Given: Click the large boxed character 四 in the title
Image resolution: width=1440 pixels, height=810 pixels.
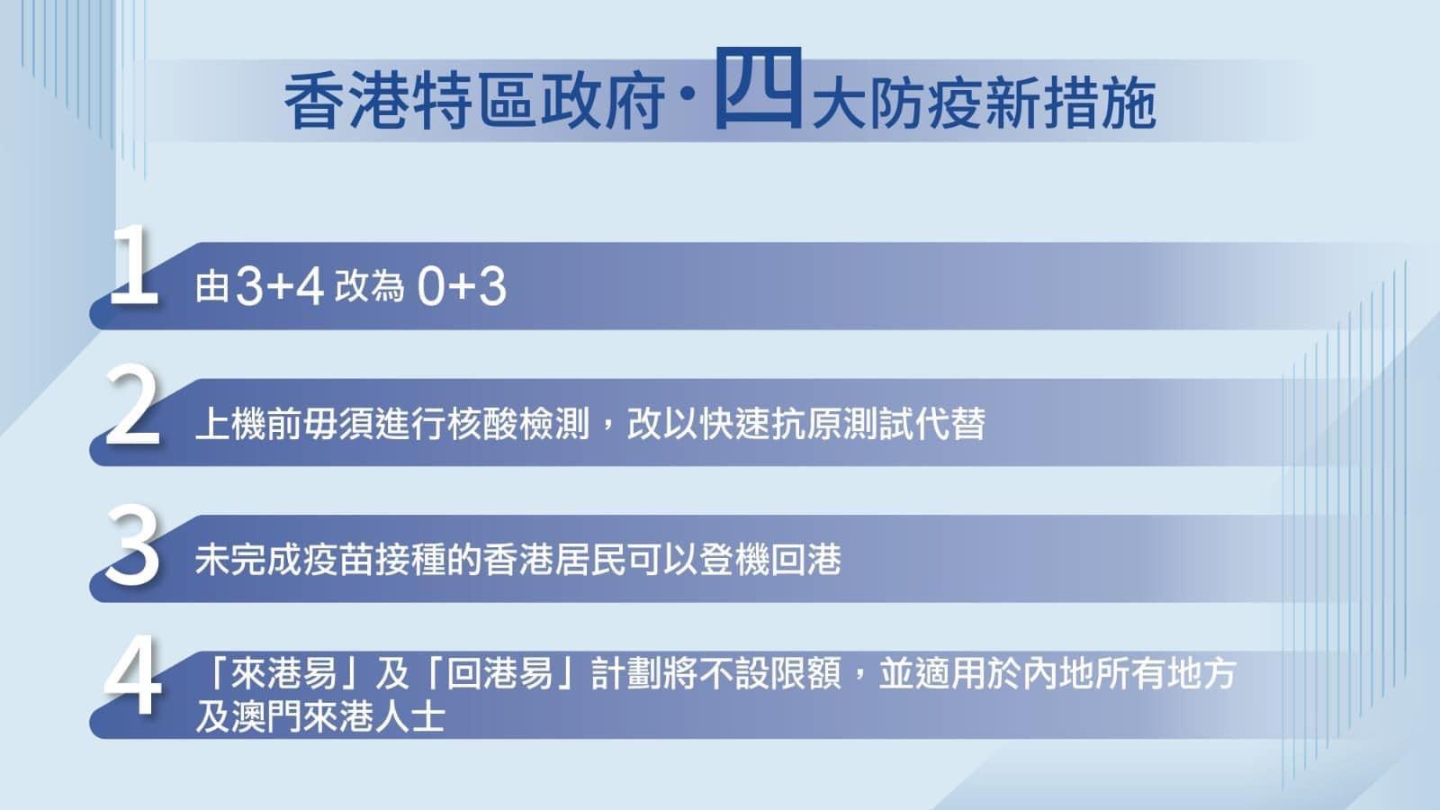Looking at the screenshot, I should click(x=758, y=89).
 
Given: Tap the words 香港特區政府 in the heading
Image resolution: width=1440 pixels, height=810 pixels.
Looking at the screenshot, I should click(x=474, y=103).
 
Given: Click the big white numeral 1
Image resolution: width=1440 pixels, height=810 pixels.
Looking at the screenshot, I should click(x=133, y=266).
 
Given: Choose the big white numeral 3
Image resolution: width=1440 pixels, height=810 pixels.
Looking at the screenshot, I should click(x=132, y=544).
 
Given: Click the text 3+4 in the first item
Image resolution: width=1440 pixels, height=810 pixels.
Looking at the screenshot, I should click(x=279, y=288).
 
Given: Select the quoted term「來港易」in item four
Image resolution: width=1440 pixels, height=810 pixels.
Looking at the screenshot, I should click(x=283, y=673).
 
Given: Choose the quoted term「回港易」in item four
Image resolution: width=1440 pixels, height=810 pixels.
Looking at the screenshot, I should click(x=500, y=673).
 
